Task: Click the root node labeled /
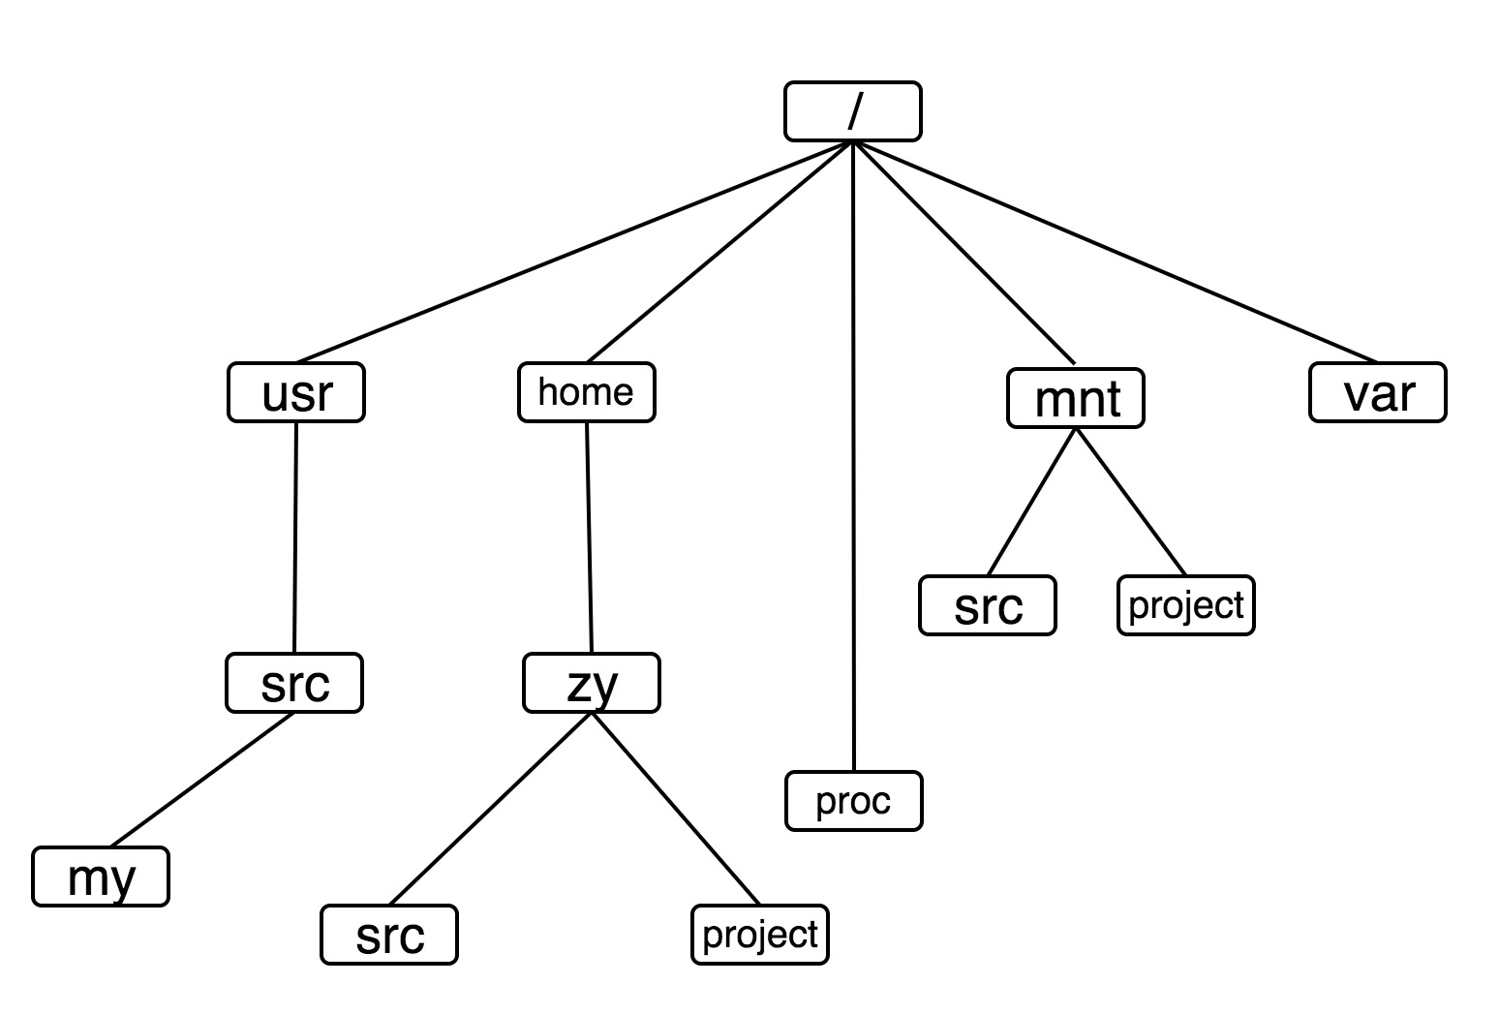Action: click(x=852, y=111)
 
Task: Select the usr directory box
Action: click(x=296, y=392)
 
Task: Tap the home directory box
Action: click(x=587, y=392)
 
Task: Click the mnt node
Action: click(x=1076, y=398)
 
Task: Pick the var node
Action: click(x=1377, y=392)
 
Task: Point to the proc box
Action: click(x=854, y=801)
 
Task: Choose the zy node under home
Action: click(x=592, y=684)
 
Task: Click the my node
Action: click(x=101, y=877)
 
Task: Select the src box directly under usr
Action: click(x=294, y=684)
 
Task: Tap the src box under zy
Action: click(x=389, y=935)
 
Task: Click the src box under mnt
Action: click(x=988, y=606)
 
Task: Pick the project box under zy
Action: click(x=760, y=935)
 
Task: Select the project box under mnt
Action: click(x=1186, y=606)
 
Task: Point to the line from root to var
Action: click(x=1114, y=251)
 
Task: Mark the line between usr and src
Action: click(x=295, y=538)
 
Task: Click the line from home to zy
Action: click(x=589, y=538)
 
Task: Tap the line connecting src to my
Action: click(x=203, y=780)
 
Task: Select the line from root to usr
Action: click(x=571, y=253)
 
